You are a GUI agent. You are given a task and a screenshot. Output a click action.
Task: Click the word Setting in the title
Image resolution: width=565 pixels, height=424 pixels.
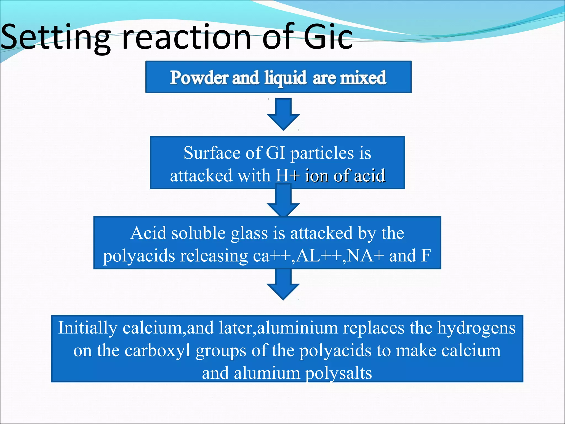tap(55, 37)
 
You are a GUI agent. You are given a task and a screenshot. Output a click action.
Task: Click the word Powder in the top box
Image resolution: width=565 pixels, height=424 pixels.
tap(199, 78)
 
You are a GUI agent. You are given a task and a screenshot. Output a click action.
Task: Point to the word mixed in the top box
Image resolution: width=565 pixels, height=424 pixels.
tap(363, 78)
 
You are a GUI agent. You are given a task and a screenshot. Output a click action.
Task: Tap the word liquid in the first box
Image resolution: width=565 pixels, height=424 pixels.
tap(285, 78)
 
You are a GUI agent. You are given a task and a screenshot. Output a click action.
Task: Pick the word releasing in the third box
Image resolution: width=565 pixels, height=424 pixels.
tap(214, 256)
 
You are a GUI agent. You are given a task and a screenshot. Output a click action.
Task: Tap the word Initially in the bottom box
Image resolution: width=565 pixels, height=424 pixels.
tap(88, 328)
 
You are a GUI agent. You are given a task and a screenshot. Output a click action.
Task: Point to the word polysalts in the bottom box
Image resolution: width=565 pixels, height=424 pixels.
tap(339, 373)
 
